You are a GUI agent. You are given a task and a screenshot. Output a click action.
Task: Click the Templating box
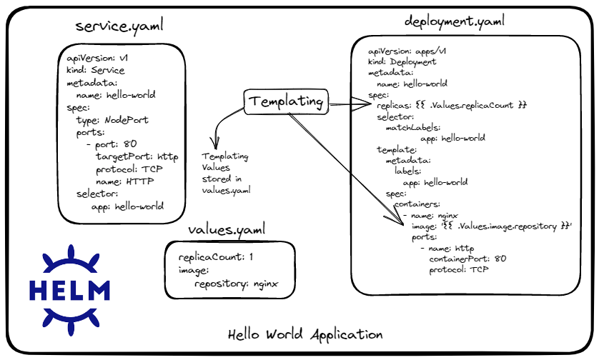(x=286, y=101)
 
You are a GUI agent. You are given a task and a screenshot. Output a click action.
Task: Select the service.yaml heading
(x=119, y=26)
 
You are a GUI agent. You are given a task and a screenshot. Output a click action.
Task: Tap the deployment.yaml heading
(x=454, y=21)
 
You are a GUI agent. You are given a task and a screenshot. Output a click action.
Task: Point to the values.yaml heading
(x=227, y=230)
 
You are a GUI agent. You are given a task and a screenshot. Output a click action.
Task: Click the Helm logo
(x=70, y=290)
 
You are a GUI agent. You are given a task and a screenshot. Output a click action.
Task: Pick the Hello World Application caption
(x=305, y=334)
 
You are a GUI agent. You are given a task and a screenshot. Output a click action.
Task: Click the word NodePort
(x=127, y=120)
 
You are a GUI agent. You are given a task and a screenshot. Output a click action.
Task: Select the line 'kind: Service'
(x=96, y=70)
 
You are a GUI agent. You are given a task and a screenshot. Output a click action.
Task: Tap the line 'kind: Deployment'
(x=402, y=62)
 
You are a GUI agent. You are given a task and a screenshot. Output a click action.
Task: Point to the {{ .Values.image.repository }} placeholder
(x=506, y=226)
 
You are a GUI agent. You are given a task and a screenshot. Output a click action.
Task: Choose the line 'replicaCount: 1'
(x=215, y=257)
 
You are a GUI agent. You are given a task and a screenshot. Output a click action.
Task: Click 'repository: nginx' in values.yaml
(x=236, y=284)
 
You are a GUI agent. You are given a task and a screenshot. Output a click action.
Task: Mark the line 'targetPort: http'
(x=137, y=157)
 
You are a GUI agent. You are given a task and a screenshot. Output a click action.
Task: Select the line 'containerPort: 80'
(x=467, y=259)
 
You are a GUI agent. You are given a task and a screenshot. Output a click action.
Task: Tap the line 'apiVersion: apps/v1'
(x=407, y=51)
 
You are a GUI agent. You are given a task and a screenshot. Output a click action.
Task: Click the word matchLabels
(x=413, y=128)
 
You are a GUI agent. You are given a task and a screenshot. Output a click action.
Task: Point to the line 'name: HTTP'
(x=124, y=181)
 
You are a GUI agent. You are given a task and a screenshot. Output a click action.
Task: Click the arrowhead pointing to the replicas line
(x=361, y=104)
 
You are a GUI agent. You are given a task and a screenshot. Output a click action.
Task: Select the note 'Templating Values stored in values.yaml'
(x=226, y=174)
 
